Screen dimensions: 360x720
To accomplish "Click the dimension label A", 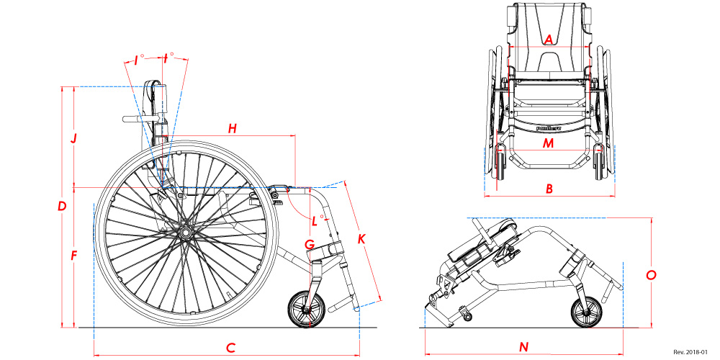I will coord(549,40).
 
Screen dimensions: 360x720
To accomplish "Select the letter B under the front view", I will coord(549,189).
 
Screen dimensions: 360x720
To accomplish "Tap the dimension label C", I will coord(230,348).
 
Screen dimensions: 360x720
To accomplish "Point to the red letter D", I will coord(62,207).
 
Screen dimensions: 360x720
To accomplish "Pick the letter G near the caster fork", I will coord(309,245).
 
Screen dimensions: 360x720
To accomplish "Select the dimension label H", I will coord(232,129).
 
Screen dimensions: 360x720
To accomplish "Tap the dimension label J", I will coord(73,138).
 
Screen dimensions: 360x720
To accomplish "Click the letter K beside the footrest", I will coord(361,238).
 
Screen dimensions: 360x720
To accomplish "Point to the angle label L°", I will coord(315,217).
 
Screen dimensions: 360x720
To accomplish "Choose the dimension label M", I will coord(549,143).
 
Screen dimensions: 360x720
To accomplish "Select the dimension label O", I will coord(651,275).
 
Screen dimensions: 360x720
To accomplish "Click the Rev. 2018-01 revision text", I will coord(690,352).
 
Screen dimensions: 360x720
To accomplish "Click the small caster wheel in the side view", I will coord(308,310).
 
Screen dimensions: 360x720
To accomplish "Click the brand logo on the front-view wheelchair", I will coord(549,129).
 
